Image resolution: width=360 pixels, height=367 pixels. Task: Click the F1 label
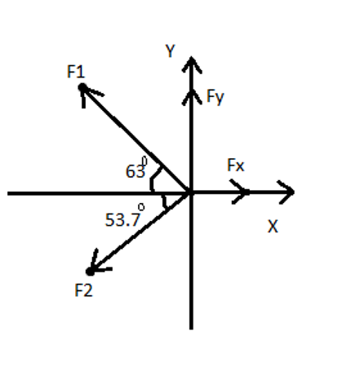click(76, 71)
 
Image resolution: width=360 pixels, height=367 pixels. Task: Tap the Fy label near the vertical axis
click(215, 97)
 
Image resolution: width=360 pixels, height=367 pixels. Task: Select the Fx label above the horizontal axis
click(236, 166)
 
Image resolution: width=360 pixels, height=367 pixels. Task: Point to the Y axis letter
click(170, 51)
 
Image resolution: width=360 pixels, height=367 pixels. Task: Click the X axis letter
click(273, 228)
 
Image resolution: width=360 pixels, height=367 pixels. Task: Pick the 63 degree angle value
click(134, 172)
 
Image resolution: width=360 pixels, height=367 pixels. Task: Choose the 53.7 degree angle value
click(122, 219)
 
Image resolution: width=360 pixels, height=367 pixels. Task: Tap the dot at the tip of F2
click(91, 271)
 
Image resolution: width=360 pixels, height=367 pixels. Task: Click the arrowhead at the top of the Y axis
click(191, 64)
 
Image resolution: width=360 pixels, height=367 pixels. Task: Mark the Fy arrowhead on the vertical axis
click(191, 96)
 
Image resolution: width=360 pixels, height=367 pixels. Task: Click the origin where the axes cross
click(191, 193)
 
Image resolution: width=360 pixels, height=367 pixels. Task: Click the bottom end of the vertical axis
click(191, 327)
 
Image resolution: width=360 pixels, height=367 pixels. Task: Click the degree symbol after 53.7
click(141, 208)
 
